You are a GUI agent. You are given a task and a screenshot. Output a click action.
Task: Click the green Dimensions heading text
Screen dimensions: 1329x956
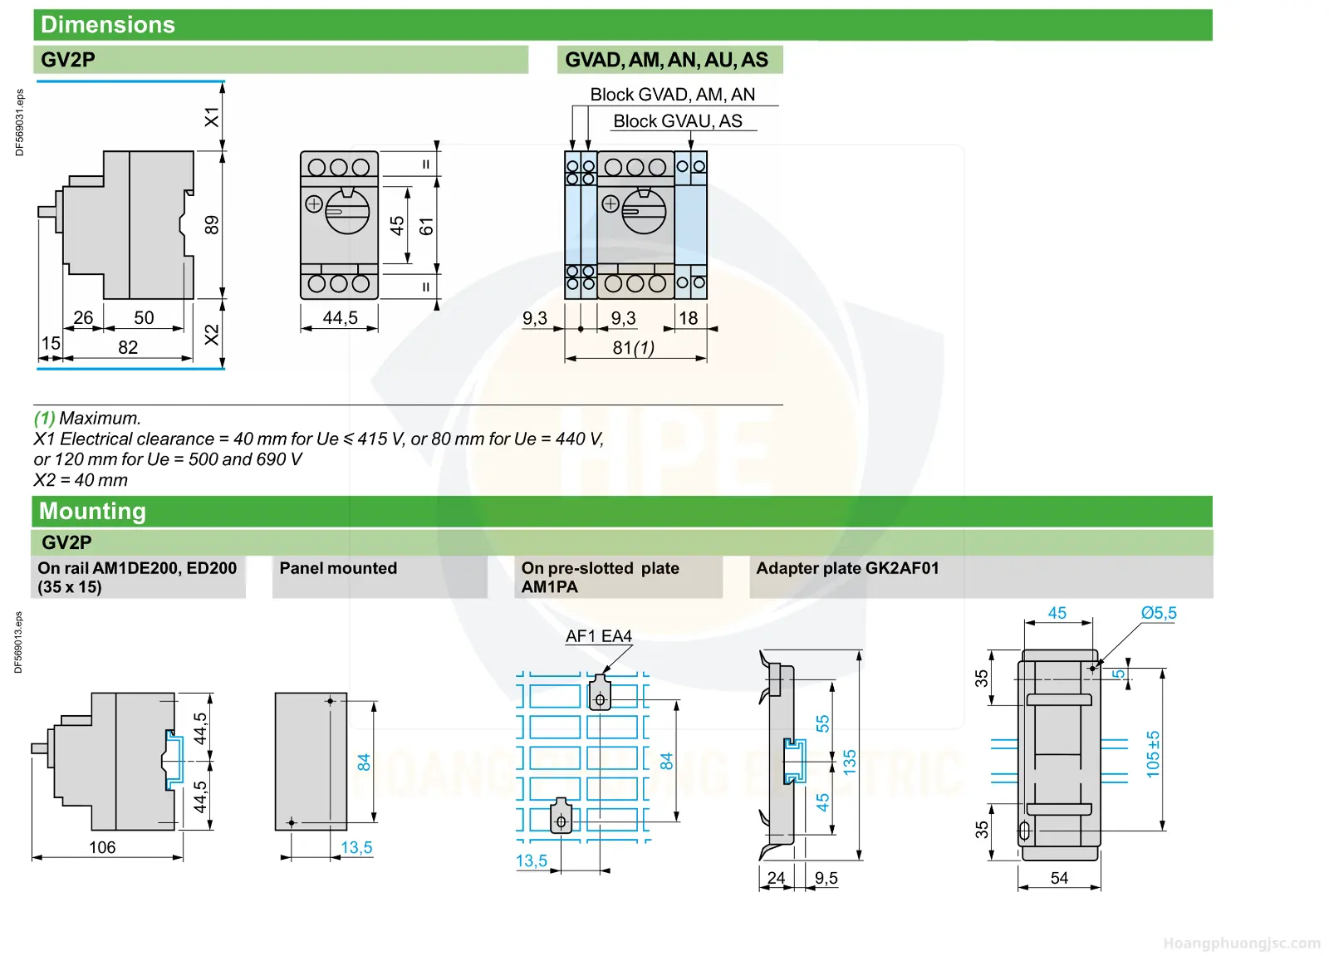pyautogui.click(x=108, y=25)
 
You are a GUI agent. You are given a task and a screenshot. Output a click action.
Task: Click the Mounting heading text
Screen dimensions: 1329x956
pyautogui.click(x=92, y=512)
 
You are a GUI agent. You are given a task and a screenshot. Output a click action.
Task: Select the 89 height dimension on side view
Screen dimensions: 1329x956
pyautogui.click(x=212, y=225)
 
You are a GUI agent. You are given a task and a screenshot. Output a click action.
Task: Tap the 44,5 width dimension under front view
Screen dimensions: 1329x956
pyautogui.click(x=340, y=318)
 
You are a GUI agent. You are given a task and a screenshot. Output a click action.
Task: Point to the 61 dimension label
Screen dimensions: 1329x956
pyautogui.click(x=427, y=226)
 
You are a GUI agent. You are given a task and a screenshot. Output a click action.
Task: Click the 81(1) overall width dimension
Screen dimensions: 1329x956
pyautogui.click(x=634, y=348)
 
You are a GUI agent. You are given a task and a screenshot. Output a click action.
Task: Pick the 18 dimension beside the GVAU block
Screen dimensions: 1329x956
pyautogui.click(x=689, y=319)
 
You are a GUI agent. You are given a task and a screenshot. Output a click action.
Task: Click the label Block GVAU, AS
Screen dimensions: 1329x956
pyautogui.click(x=678, y=121)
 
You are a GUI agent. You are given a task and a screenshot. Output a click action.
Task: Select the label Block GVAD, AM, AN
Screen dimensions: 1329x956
pyautogui.click(x=672, y=95)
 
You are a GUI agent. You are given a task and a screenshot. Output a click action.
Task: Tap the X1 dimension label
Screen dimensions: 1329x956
pyautogui.click(x=212, y=117)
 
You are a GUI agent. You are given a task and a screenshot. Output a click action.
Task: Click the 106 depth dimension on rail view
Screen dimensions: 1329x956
pyautogui.click(x=102, y=847)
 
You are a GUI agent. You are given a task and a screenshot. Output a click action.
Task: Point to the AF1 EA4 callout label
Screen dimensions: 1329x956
pyautogui.click(x=599, y=636)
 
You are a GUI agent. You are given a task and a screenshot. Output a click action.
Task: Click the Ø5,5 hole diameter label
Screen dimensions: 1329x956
pyautogui.click(x=1159, y=613)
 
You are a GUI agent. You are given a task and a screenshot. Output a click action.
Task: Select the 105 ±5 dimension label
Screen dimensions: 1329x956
pyautogui.click(x=1152, y=754)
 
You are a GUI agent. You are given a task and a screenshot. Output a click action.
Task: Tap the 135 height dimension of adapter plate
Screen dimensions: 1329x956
pyautogui.click(x=850, y=762)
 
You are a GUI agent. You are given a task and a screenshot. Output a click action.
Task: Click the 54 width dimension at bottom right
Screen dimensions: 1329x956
pyautogui.click(x=1059, y=878)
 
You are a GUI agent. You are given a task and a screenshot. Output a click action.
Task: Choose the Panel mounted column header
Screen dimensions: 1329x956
pyautogui.click(x=338, y=568)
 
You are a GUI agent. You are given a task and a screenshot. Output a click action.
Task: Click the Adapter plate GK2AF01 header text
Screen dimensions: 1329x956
pyautogui.click(x=847, y=568)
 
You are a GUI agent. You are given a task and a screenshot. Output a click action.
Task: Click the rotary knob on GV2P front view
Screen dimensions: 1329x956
pyautogui.click(x=347, y=211)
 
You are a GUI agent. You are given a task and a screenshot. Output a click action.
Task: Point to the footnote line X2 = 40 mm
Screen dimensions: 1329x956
pyautogui.click(x=81, y=479)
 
